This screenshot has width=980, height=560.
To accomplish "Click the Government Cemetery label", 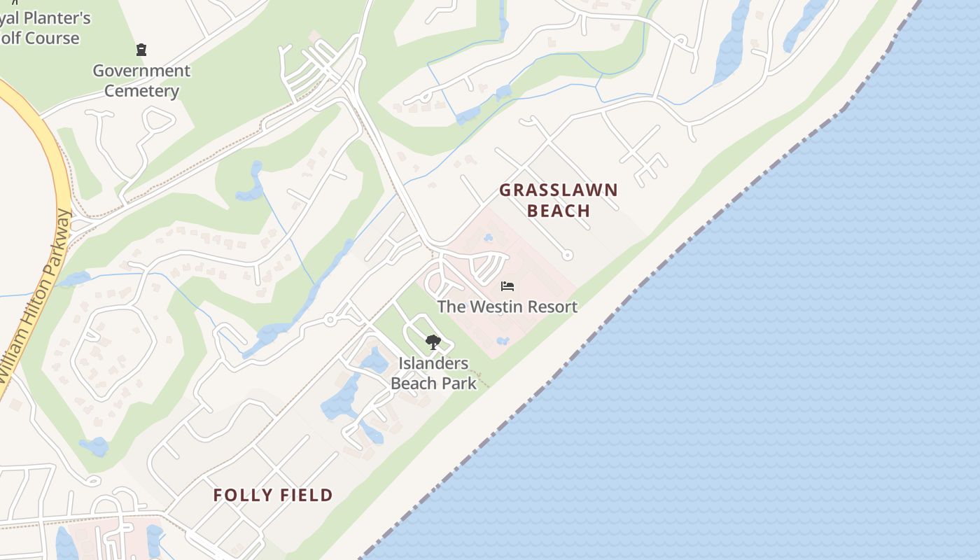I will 142,80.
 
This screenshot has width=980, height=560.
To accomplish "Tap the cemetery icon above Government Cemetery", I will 141,50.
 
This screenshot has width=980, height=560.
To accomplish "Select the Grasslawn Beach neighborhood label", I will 559,200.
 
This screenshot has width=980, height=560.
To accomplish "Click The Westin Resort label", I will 507,307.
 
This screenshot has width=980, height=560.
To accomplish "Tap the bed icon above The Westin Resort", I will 507,286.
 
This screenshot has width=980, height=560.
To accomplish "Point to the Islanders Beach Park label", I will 434,373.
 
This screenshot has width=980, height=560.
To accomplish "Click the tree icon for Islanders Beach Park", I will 433,342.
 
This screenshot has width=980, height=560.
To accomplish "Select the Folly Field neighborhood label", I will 273,496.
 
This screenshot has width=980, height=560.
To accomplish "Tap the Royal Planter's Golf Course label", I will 42,28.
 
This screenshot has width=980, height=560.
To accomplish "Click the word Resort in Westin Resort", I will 550,307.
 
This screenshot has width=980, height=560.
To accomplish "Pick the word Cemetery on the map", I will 142,91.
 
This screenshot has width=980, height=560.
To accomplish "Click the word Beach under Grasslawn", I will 559,211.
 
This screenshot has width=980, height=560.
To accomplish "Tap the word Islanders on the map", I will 434,363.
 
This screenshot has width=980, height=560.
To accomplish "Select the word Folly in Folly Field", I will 239,496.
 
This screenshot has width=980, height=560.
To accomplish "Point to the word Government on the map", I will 141,71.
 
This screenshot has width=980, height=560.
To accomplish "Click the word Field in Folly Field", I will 302,496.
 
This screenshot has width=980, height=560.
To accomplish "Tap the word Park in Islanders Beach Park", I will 460,383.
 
